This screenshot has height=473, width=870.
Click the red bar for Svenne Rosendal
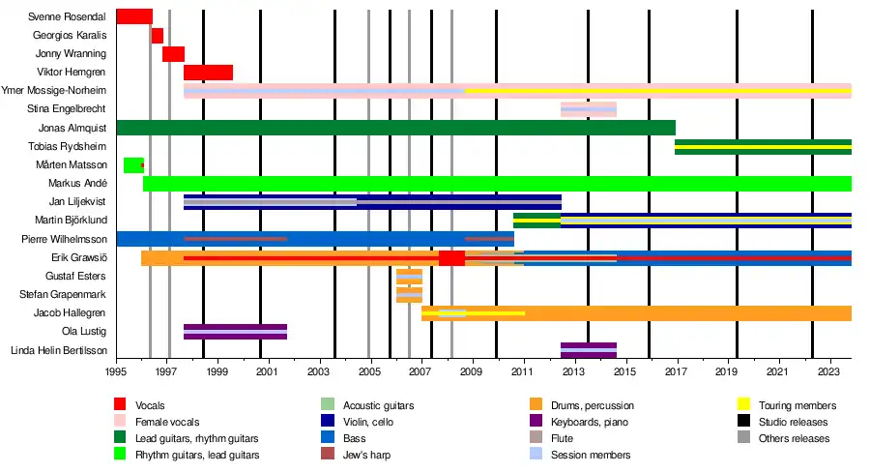coord(133,16)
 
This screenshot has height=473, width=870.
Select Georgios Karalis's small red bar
coord(157,36)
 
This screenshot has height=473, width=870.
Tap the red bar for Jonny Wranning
coord(173,54)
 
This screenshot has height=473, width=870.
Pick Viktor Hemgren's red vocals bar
coord(208,73)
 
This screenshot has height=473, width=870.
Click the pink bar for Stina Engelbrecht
coord(588,109)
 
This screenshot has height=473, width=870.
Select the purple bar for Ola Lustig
coord(235,332)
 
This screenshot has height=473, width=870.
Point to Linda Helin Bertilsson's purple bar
coord(588,350)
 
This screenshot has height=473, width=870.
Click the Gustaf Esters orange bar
coord(409,277)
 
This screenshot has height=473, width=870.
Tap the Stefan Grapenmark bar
coord(409,295)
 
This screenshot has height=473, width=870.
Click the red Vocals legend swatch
coord(120,405)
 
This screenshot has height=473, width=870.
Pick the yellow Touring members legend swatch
coord(744,405)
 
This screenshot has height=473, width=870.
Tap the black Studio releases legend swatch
coord(744,422)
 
